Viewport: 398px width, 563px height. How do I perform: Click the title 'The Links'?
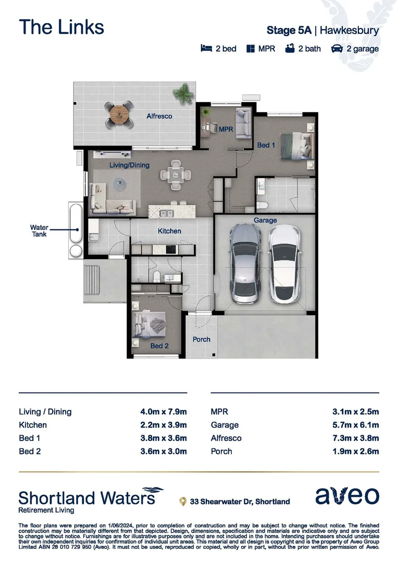click(x=61, y=27)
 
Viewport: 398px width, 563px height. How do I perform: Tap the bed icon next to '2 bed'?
click(x=206, y=48)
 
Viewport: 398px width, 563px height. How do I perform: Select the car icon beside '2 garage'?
click(x=337, y=48)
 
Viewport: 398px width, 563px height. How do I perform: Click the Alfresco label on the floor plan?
click(x=159, y=116)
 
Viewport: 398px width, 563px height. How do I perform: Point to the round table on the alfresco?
click(x=119, y=113)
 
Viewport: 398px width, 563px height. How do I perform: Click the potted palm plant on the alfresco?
click(x=183, y=95)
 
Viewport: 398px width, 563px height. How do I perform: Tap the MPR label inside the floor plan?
click(x=226, y=129)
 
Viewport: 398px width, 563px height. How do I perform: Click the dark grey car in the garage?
click(x=245, y=265)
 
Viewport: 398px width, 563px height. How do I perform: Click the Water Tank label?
click(x=39, y=231)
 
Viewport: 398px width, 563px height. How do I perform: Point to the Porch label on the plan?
click(x=202, y=339)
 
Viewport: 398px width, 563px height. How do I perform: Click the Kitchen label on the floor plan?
click(x=169, y=231)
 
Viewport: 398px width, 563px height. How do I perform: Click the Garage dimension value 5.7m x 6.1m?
click(x=355, y=425)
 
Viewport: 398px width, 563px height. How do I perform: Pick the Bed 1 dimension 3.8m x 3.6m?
click(x=160, y=438)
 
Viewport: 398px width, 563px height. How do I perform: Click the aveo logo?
click(x=347, y=496)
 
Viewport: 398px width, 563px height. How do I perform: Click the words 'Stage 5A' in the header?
click(x=289, y=30)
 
